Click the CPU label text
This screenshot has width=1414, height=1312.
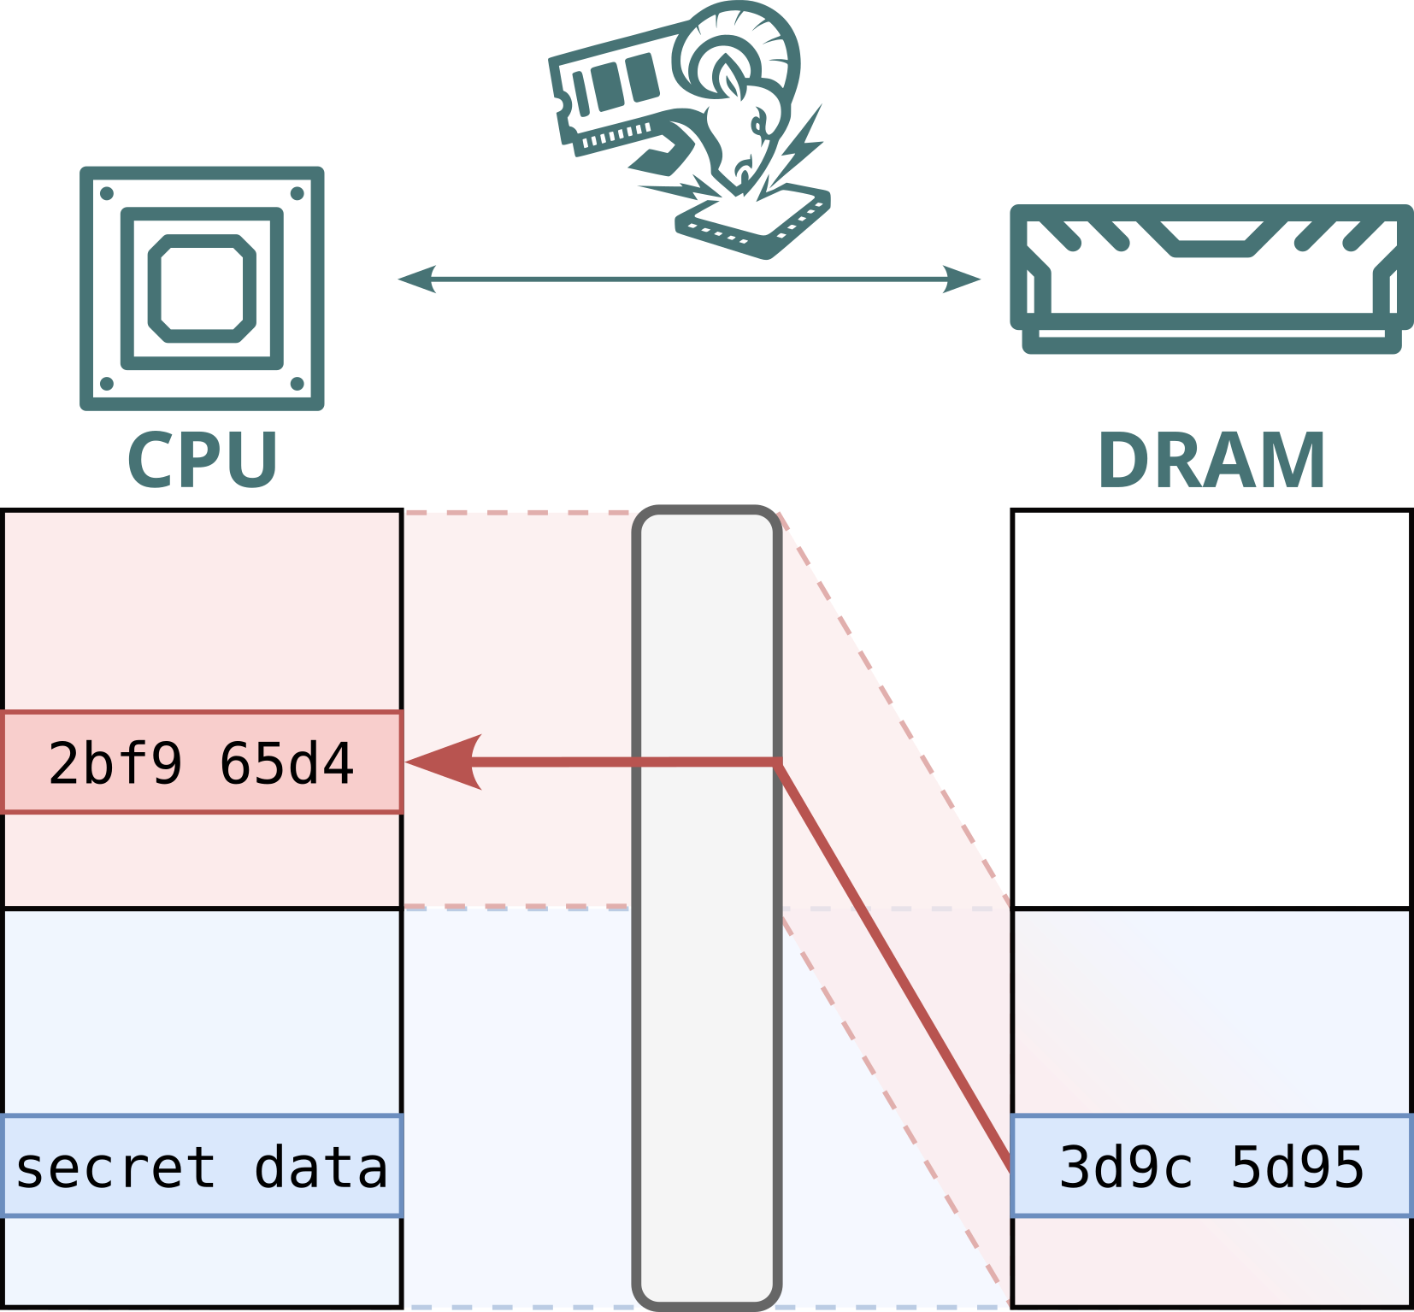click(203, 460)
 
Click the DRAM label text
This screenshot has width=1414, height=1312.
click(1211, 460)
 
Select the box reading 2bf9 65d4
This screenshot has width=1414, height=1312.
click(202, 762)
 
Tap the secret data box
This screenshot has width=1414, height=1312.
click(202, 1166)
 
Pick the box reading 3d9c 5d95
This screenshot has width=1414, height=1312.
click(1211, 1166)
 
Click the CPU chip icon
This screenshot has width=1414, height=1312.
click(202, 288)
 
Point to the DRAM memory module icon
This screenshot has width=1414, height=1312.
click(1211, 279)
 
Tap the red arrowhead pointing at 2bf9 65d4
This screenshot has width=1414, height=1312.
click(444, 762)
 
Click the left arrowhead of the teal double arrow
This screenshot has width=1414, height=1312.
click(417, 279)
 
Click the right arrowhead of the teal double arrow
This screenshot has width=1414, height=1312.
click(961, 279)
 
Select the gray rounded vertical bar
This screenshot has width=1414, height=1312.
click(707, 908)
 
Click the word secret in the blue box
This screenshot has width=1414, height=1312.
click(115, 1168)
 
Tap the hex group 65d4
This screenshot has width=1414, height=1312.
click(286, 763)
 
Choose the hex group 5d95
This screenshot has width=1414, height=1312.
click(1297, 1167)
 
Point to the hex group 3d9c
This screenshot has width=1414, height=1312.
click(1125, 1167)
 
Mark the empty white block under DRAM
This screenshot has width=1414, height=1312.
click(1211, 709)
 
